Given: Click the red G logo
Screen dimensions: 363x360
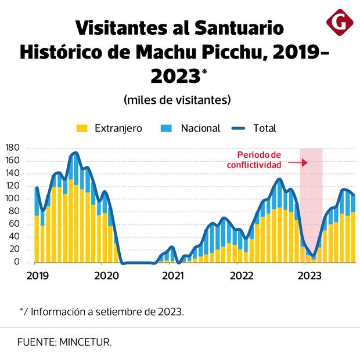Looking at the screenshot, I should coord(337,23).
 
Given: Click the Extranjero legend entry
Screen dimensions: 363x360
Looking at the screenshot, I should coord(110,128).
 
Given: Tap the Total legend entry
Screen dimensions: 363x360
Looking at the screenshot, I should coord(255,128).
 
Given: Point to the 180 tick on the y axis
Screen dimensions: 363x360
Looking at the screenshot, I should coord(13,148).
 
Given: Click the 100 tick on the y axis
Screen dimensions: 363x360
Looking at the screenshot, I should coord(13,199).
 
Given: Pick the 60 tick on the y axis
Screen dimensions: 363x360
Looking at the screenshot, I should coord(14,224).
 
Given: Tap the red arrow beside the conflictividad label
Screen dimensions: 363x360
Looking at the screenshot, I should coord(298,164).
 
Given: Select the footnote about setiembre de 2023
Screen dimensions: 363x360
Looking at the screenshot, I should coord(102,311).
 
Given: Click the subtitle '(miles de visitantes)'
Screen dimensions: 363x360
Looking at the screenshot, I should coord(177,100).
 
